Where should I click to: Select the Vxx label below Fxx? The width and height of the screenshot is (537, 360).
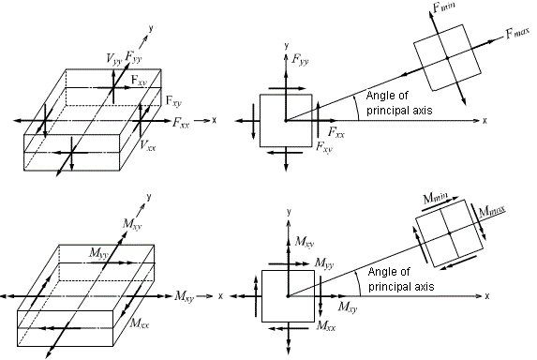pos(147,145)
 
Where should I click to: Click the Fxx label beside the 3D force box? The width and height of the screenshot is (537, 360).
pos(183,122)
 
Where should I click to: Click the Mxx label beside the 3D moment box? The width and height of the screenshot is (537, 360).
pos(139,322)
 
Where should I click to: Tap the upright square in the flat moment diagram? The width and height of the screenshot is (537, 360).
pos(288,295)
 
